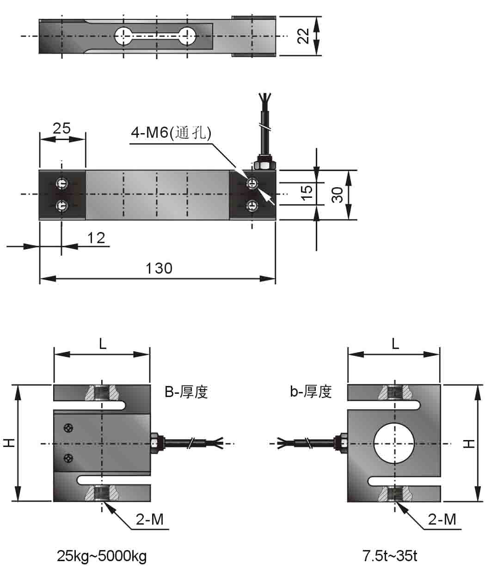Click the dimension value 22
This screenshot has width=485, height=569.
click(303, 36)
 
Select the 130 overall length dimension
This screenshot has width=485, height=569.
click(159, 269)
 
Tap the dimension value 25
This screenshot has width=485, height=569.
click(61, 128)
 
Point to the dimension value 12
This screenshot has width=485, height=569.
click(96, 238)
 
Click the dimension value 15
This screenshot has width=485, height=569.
click(307, 193)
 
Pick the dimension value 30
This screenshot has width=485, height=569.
click(338, 195)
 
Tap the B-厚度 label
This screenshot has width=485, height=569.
click(186, 392)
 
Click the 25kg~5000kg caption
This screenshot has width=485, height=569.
click(102, 556)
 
